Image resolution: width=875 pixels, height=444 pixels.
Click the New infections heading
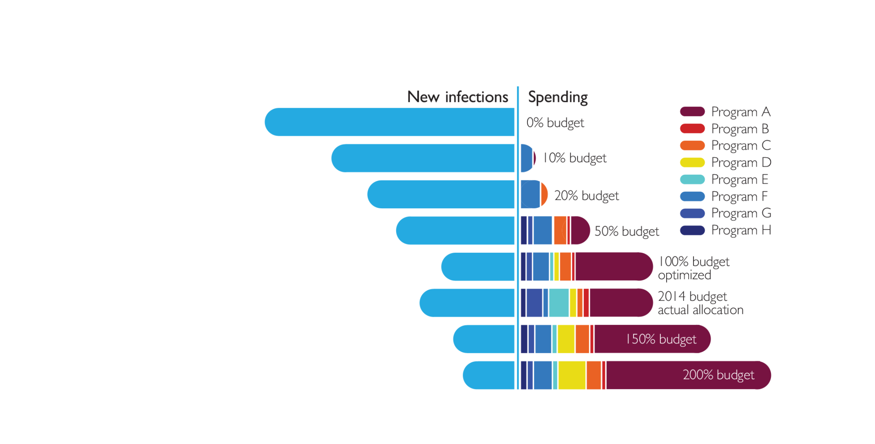point(457,97)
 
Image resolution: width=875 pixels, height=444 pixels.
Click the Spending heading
point(558,97)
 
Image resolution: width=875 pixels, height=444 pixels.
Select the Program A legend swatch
point(692,111)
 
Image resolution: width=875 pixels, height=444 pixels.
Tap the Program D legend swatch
point(692,162)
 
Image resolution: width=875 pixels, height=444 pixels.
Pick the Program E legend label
point(739,179)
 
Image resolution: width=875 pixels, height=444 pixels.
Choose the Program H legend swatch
point(692,230)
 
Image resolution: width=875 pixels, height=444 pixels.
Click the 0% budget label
point(555,123)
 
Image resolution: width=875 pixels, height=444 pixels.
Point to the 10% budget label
point(574,158)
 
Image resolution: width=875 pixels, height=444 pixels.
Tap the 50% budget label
point(626,231)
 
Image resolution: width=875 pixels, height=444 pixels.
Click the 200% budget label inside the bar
point(718,375)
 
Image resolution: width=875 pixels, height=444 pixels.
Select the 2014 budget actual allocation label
point(700,303)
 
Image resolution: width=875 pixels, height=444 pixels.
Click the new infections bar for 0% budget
point(389,122)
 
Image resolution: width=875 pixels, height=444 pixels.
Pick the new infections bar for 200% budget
point(489,375)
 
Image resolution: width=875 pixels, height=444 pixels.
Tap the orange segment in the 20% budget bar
point(544,194)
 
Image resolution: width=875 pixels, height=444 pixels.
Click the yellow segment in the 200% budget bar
point(572,375)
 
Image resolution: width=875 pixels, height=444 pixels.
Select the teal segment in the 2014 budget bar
point(559,303)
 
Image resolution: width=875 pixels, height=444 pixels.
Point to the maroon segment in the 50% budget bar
point(579,230)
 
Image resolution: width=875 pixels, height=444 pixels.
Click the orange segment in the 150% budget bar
point(582,339)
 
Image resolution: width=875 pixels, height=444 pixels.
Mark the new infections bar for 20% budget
point(441,194)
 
